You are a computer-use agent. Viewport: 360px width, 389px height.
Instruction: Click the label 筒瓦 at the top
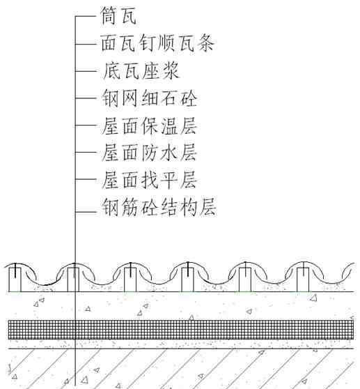point(118,15)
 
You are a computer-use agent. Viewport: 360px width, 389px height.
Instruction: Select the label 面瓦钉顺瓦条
point(157,43)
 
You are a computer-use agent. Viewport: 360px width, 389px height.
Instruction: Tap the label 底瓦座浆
point(140,70)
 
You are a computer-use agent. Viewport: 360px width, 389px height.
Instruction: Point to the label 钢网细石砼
point(150,98)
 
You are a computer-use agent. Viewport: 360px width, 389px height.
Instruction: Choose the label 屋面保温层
point(150,125)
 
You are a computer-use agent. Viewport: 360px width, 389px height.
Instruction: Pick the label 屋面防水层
point(150,153)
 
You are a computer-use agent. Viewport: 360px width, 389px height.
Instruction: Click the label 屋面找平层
point(150,180)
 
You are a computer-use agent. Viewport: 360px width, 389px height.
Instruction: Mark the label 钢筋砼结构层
point(159,207)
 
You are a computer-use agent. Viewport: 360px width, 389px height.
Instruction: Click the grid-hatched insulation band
point(181,330)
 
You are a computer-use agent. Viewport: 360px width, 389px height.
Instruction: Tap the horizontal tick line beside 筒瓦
point(86,16)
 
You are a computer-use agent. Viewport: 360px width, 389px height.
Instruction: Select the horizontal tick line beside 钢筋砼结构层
point(86,212)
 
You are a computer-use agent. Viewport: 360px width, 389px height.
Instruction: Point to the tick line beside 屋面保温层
point(86,125)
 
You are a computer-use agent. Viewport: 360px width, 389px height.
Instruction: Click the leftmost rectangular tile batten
point(15,280)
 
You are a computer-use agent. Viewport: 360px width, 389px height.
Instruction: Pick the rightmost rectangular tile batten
point(303,280)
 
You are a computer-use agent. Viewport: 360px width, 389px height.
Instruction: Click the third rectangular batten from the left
point(130,280)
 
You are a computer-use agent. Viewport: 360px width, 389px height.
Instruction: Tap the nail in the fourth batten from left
point(188,269)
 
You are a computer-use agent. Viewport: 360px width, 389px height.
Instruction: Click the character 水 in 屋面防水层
point(169,153)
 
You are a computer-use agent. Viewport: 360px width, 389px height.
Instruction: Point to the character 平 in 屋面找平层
point(169,180)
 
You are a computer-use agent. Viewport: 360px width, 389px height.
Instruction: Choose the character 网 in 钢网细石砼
point(130,98)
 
